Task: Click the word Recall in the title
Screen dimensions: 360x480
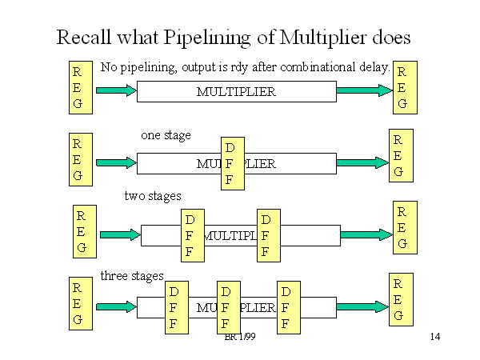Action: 83,38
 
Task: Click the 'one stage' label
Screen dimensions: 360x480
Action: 166,135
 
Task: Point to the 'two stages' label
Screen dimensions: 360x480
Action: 153,195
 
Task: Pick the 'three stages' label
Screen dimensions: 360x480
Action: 131,275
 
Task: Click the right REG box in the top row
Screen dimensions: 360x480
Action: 402,86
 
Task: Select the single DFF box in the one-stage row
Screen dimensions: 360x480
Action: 231,163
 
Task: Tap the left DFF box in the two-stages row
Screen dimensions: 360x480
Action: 192,235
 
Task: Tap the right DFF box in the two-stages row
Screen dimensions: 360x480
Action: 269,235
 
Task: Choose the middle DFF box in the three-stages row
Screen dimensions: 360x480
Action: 228,307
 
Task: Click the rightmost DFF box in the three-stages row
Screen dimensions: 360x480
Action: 288,307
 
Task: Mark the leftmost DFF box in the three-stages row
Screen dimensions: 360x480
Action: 176,307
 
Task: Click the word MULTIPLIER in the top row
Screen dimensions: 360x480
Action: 236,92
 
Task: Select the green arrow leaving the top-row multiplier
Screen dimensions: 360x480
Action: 364,90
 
